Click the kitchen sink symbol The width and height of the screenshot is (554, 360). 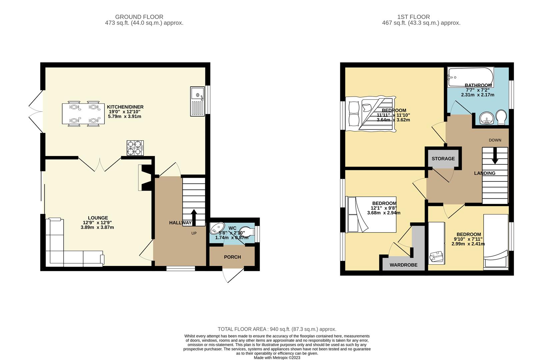(x=197, y=101)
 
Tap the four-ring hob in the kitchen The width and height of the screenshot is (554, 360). (x=135, y=148)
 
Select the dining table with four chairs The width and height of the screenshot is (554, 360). (x=83, y=114)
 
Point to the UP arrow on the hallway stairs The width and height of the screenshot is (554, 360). (x=194, y=217)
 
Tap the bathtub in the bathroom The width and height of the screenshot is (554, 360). (x=470, y=77)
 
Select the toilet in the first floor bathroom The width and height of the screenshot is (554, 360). (x=501, y=117)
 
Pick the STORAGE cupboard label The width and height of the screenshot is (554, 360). (x=443, y=159)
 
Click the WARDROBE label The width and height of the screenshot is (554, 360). (x=403, y=265)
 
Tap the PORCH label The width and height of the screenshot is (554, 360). (x=232, y=257)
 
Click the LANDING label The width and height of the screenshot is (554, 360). (x=485, y=173)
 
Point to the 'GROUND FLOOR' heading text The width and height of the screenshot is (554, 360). (x=139, y=17)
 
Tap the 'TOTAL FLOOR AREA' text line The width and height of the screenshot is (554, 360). (x=277, y=329)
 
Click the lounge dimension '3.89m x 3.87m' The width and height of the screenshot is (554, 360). (x=97, y=227)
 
